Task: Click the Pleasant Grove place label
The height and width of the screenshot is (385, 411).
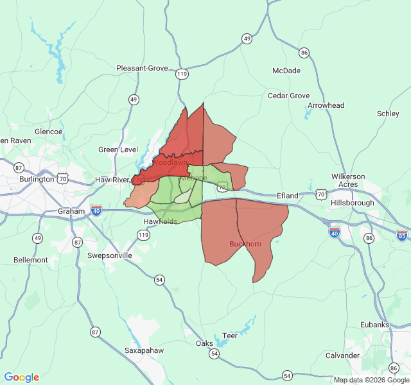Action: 142,68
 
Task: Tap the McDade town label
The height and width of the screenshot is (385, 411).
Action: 286,71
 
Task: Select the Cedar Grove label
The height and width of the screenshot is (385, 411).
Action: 288,96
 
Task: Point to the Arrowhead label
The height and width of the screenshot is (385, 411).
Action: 326,105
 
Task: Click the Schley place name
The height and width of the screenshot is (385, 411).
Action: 388,114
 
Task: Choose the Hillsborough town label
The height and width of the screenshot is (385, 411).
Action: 352,203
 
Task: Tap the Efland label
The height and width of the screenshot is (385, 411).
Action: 288,196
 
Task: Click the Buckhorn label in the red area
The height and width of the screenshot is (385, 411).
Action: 245,244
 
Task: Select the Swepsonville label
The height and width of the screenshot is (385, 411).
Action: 110,255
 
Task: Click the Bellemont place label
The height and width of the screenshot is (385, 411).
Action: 31,260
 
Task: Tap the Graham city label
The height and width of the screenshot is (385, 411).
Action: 71,211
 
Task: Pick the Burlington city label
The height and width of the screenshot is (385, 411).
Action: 37,179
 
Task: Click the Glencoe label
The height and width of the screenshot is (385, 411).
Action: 49,132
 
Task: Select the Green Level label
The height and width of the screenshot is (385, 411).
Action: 118,150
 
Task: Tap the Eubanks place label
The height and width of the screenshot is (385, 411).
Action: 375,325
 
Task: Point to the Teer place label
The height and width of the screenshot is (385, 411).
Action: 229,336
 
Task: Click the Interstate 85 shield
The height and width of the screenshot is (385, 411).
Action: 402,236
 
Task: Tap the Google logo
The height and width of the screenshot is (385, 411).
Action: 21,377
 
